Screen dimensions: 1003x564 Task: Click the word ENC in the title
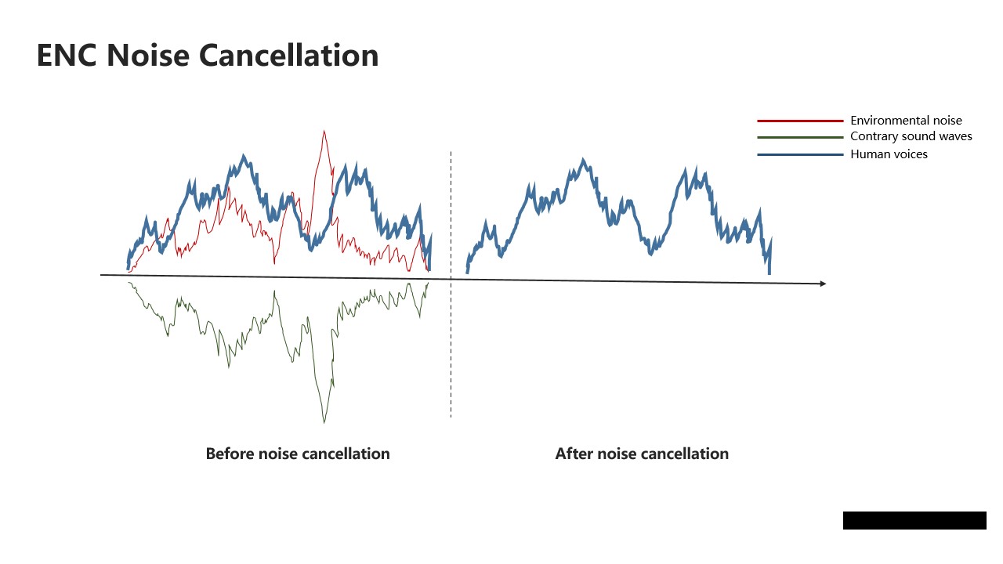[67, 56]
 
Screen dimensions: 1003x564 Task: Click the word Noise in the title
[148, 56]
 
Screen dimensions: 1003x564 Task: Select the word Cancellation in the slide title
[289, 56]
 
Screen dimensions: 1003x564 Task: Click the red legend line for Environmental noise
[800, 121]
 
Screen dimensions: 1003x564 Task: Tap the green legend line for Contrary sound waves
[800, 137]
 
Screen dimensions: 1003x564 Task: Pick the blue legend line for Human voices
[800, 155]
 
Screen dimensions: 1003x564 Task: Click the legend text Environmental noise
[906, 121]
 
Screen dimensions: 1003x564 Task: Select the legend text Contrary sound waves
[911, 136]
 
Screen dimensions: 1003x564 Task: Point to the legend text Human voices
[889, 154]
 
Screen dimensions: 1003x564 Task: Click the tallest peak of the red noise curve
[324, 131]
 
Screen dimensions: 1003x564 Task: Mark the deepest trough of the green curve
[324, 421]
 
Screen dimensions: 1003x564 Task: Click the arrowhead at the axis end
[823, 284]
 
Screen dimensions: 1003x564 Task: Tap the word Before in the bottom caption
[230, 454]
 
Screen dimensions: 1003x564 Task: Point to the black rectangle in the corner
[914, 521]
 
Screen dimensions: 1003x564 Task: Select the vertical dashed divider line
[451, 284]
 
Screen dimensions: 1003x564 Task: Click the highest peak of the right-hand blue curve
[583, 160]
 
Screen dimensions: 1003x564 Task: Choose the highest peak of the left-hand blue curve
[244, 156]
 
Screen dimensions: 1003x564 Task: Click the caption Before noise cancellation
[298, 454]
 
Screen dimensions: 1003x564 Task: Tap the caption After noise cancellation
[642, 454]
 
